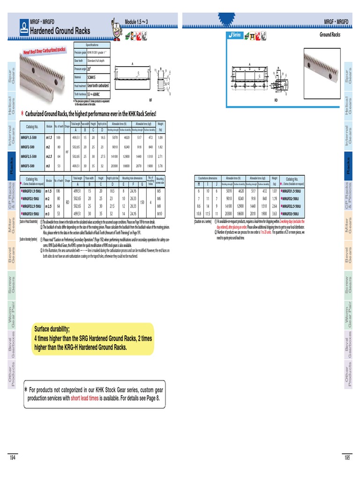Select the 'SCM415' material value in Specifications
click(x=92, y=77)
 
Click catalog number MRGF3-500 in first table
click(x=30, y=165)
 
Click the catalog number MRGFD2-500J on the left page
click(x=31, y=198)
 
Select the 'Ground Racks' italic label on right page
click(x=330, y=35)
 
